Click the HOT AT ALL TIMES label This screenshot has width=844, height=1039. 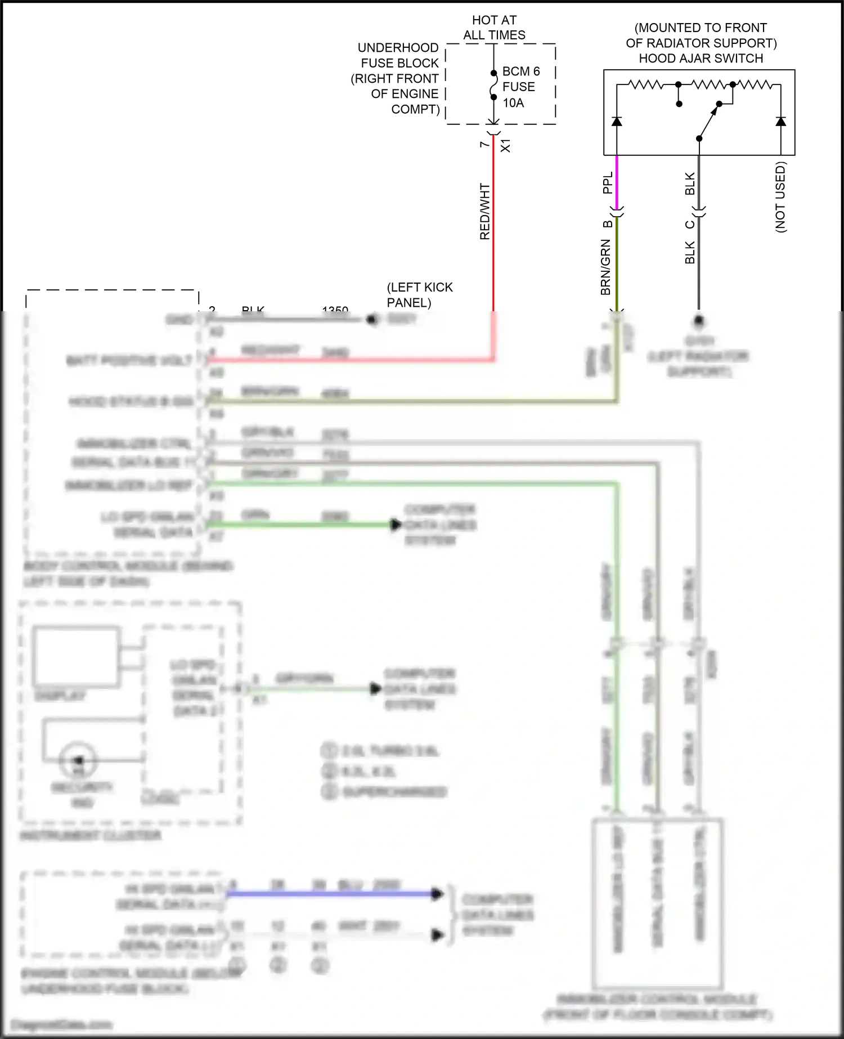pyautogui.click(x=494, y=28)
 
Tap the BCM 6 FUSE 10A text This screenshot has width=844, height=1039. pyautogui.click(x=520, y=87)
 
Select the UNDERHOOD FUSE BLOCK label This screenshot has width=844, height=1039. pyautogui.click(x=398, y=78)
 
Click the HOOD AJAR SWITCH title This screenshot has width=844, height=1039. pyautogui.click(x=701, y=58)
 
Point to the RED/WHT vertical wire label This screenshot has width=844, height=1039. pyautogui.click(x=484, y=211)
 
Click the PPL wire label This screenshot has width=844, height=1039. pyautogui.click(x=607, y=183)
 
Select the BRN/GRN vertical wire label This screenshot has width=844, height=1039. pyautogui.click(x=605, y=267)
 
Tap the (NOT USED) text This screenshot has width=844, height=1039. pyautogui.click(x=780, y=197)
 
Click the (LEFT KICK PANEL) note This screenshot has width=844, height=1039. pyautogui.click(x=419, y=294)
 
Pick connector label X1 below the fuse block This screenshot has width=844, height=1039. pyautogui.click(x=505, y=145)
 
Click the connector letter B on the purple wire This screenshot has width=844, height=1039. pyautogui.click(x=607, y=224)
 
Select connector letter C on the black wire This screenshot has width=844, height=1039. pyautogui.click(x=689, y=225)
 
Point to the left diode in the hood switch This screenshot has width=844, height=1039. pyautogui.click(x=617, y=121)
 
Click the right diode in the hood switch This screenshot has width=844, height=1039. pyautogui.click(x=780, y=121)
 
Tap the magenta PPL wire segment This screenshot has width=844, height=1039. pyautogui.click(x=617, y=181)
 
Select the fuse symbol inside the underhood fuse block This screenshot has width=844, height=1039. pyautogui.click(x=493, y=85)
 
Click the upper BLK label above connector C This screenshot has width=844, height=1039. pyautogui.click(x=690, y=183)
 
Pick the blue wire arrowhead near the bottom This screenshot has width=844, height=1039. pyautogui.click(x=437, y=893)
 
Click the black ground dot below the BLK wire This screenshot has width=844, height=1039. pyautogui.click(x=698, y=320)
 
